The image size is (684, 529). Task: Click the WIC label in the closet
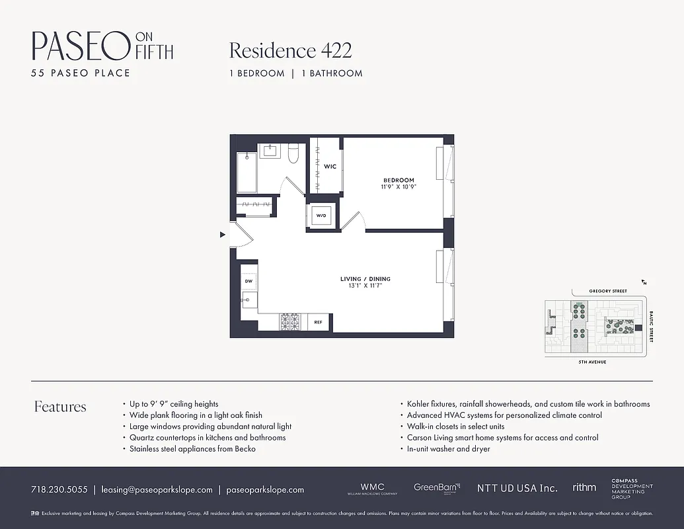tap(330, 167)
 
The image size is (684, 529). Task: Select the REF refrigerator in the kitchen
tap(318, 322)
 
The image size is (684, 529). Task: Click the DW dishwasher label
tap(248, 282)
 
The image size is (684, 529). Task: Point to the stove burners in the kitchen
tap(289, 322)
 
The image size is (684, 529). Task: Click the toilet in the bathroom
tap(294, 153)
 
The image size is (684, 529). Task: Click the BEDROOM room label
tap(399, 180)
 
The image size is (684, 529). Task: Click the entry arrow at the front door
tap(223, 233)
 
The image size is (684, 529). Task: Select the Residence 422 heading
tap(290, 50)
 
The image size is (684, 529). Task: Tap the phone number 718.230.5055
tap(59, 490)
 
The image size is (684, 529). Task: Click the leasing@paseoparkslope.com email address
tap(157, 490)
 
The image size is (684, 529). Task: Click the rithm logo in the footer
tap(584, 487)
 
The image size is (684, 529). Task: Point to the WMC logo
tap(372, 488)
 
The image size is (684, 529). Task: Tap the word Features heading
tap(60, 407)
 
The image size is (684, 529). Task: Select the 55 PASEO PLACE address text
tap(81, 73)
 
